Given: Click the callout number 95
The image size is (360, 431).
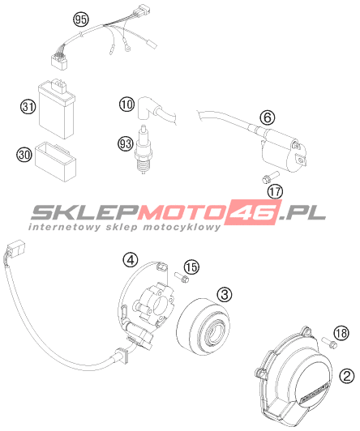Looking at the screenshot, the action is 81,19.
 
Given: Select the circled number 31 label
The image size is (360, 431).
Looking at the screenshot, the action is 28,107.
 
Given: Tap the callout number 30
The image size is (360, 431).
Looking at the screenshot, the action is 24,155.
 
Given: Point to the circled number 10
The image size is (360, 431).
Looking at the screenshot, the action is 126,105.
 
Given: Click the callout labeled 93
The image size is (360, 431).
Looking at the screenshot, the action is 126,143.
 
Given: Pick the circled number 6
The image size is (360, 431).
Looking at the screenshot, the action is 268,117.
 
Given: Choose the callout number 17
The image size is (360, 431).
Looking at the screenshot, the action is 276,191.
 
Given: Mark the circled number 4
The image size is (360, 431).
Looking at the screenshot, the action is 131,260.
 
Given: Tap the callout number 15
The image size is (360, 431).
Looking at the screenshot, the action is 191,267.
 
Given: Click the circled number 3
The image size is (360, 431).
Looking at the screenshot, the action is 225,295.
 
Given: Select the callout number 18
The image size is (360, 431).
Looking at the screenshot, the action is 341,333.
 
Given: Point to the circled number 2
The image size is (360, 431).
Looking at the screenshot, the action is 347,375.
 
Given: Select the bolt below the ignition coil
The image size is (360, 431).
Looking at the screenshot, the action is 269,177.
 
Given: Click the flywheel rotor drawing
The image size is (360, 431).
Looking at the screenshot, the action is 203,326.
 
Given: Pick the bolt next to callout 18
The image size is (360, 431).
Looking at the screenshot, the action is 329,343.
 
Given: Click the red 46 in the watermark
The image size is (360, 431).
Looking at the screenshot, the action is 253,212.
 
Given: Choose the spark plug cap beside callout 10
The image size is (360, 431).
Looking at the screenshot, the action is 147,109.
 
